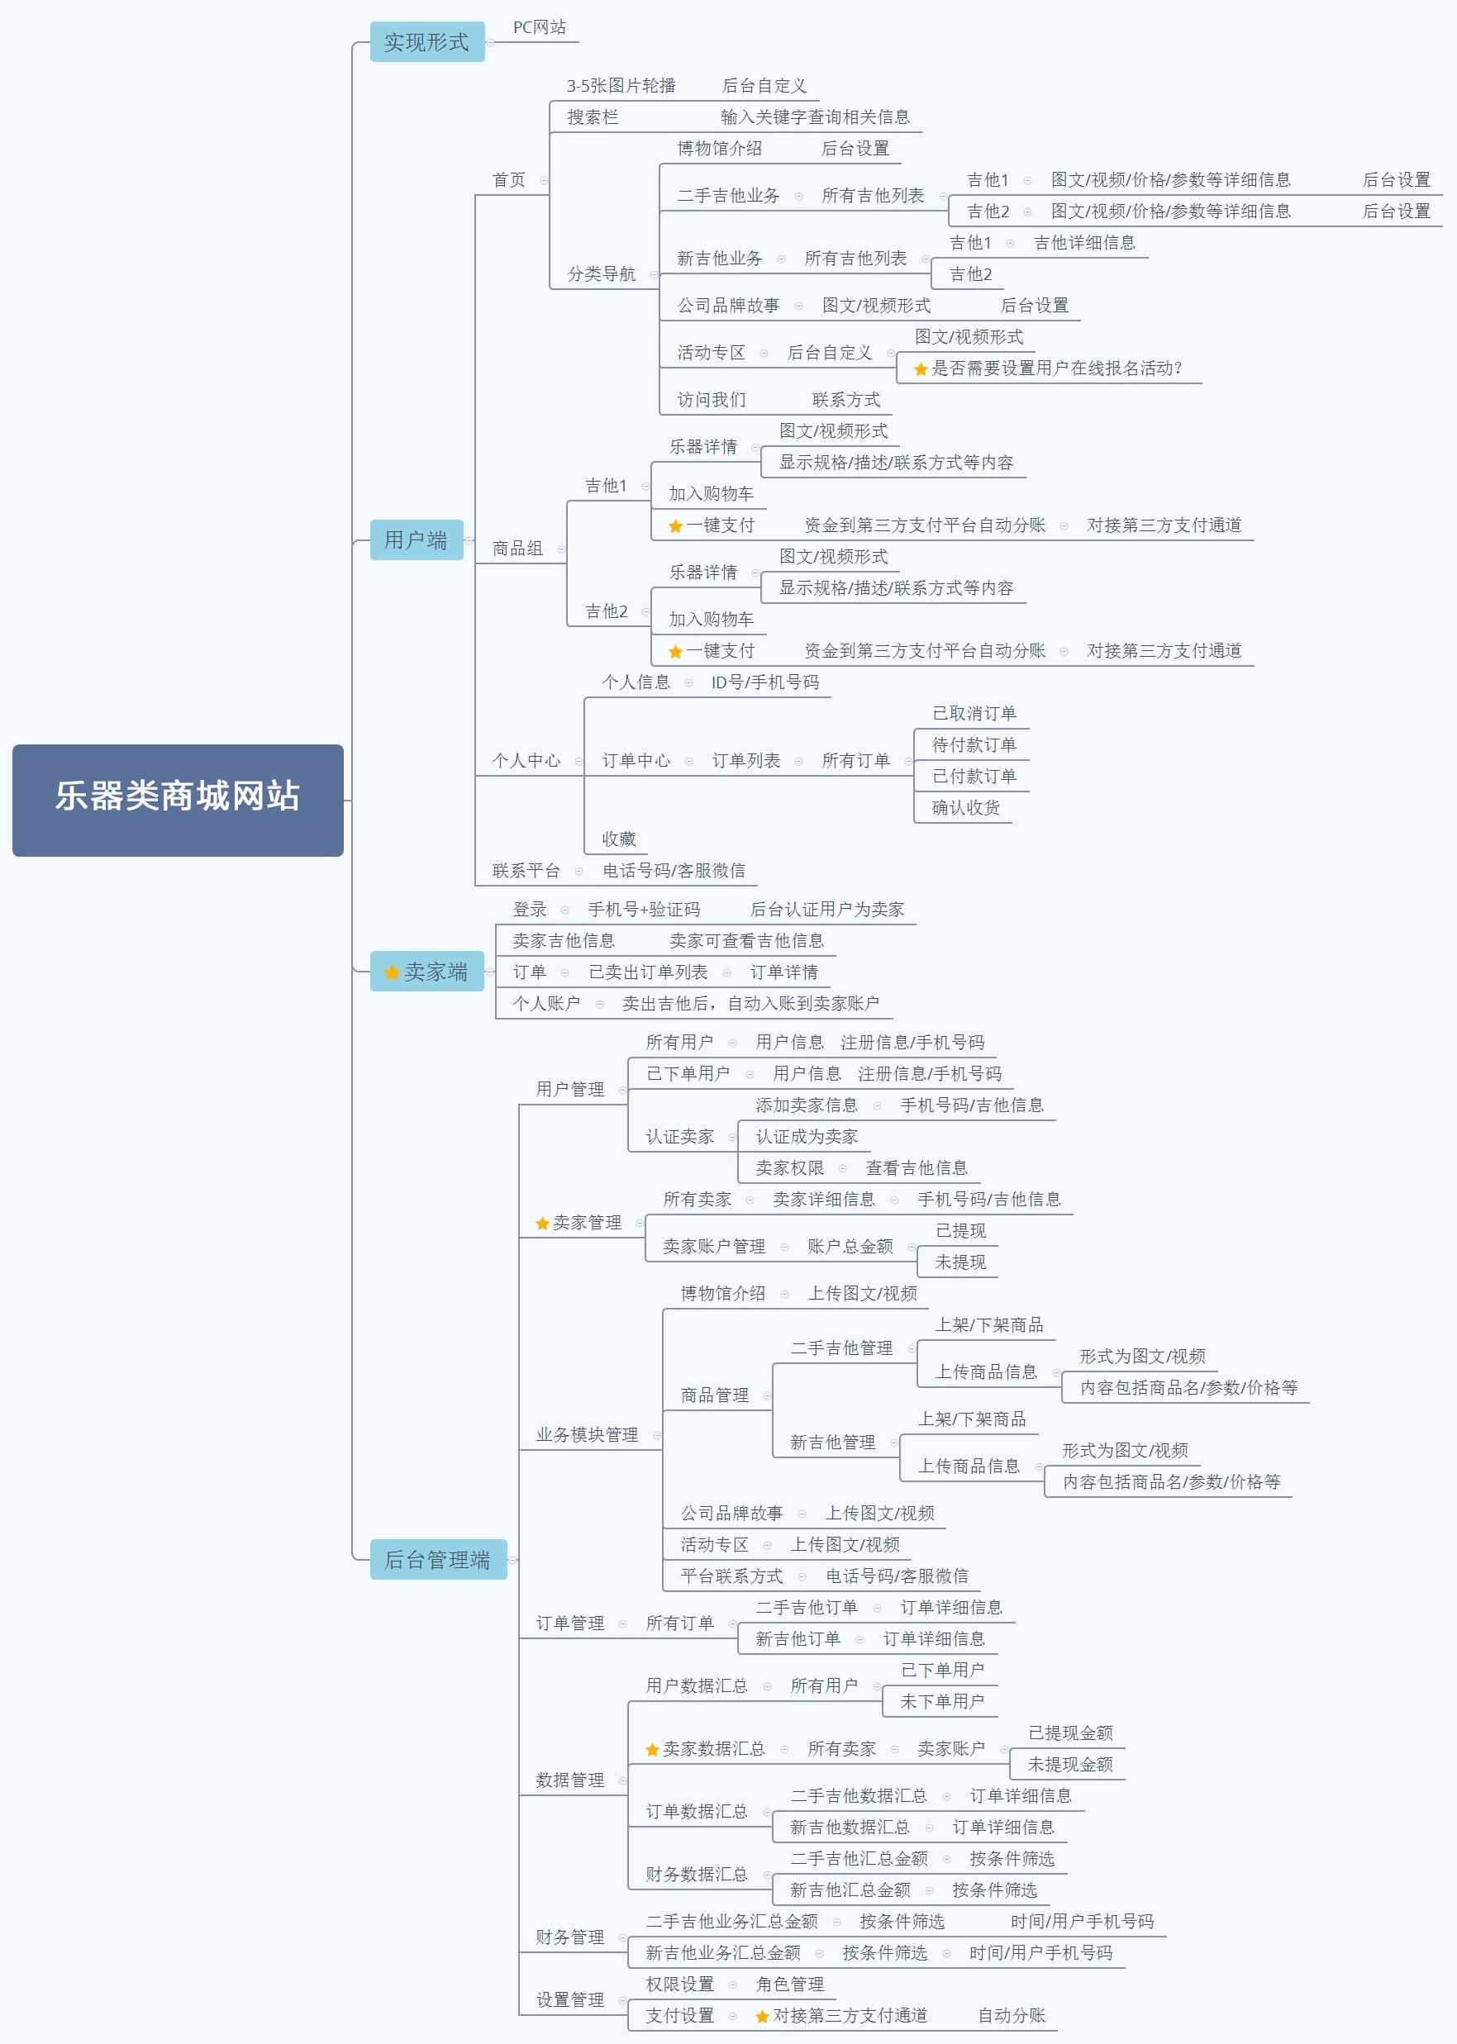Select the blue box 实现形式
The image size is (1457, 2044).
[x=427, y=42]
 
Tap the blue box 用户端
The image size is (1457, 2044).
[x=417, y=540]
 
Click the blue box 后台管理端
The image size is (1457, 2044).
[x=438, y=1560]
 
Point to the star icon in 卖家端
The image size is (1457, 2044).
[x=392, y=972]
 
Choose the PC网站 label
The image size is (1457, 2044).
[x=539, y=28]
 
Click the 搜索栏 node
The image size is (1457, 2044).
[x=592, y=117]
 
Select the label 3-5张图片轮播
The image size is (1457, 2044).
[x=621, y=86]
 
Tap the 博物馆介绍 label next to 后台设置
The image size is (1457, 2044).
[x=720, y=149]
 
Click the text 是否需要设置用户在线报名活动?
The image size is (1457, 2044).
[x=1057, y=368]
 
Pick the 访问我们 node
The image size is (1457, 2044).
[x=712, y=400]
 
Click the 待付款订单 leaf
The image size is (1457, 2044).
[x=974, y=745]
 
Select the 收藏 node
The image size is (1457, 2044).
[x=619, y=839]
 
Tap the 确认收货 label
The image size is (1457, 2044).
[x=966, y=808]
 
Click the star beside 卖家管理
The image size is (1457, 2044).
[x=542, y=1224]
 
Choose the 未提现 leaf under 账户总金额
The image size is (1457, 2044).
[x=961, y=1262]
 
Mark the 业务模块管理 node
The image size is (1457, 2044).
[x=588, y=1435]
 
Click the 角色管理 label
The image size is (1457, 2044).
[x=789, y=1984]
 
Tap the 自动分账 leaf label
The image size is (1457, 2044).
[x=1012, y=2015]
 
